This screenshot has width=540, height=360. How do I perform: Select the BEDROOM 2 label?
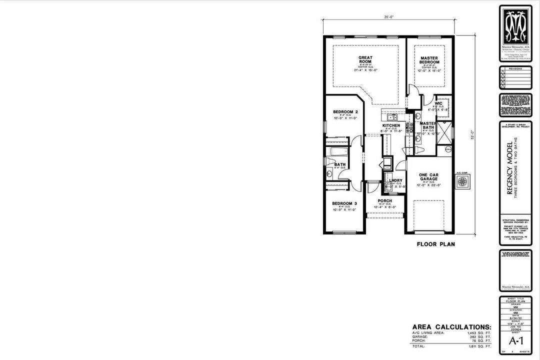pyautogui.click(x=345, y=111)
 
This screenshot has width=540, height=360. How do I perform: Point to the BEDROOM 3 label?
pyautogui.click(x=344, y=203)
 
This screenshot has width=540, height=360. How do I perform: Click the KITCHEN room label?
pyautogui.click(x=391, y=125)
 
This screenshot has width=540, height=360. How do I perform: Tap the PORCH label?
pyautogui.click(x=384, y=200)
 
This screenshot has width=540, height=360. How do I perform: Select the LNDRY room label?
pyautogui.click(x=395, y=180)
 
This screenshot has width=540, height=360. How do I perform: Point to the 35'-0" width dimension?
pyautogui.click(x=389, y=17)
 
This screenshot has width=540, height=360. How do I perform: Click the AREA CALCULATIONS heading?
pyautogui.click(x=451, y=326)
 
